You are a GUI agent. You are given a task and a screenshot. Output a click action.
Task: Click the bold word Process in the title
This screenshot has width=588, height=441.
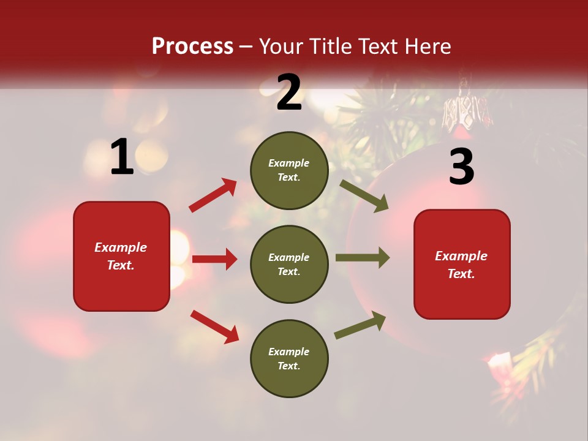[x=192, y=47]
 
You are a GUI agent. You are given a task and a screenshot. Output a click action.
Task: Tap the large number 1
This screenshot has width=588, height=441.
[x=122, y=158]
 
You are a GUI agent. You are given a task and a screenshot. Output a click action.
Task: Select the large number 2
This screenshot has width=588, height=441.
[x=289, y=93]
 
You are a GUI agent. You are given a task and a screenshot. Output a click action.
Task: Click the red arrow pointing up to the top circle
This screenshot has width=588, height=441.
[x=213, y=195]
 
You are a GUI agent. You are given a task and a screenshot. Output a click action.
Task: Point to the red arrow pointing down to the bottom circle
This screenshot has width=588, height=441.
[x=214, y=326]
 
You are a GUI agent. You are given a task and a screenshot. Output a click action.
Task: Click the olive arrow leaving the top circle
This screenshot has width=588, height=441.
[x=364, y=196]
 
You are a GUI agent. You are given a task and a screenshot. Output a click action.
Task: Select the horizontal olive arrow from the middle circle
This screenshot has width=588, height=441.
[x=362, y=258]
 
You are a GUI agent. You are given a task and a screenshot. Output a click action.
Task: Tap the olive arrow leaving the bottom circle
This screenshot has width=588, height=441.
[x=360, y=325]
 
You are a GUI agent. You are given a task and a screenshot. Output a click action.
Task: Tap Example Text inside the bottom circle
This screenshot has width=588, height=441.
[x=289, y=359]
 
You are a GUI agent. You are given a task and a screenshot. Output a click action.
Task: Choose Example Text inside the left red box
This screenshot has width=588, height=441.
[x=121, y=256]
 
